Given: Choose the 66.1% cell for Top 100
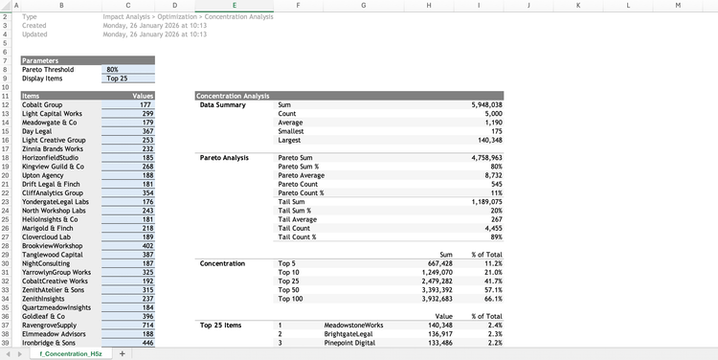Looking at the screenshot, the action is pyautogui.click(x=489, y=298).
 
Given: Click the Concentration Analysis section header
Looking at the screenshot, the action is pyautogui.click(x=233, y=96).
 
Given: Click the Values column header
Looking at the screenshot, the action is pyautogui.click(x=142, y=96).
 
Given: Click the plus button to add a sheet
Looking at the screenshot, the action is pyautogui.click(x=122, y=353).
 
